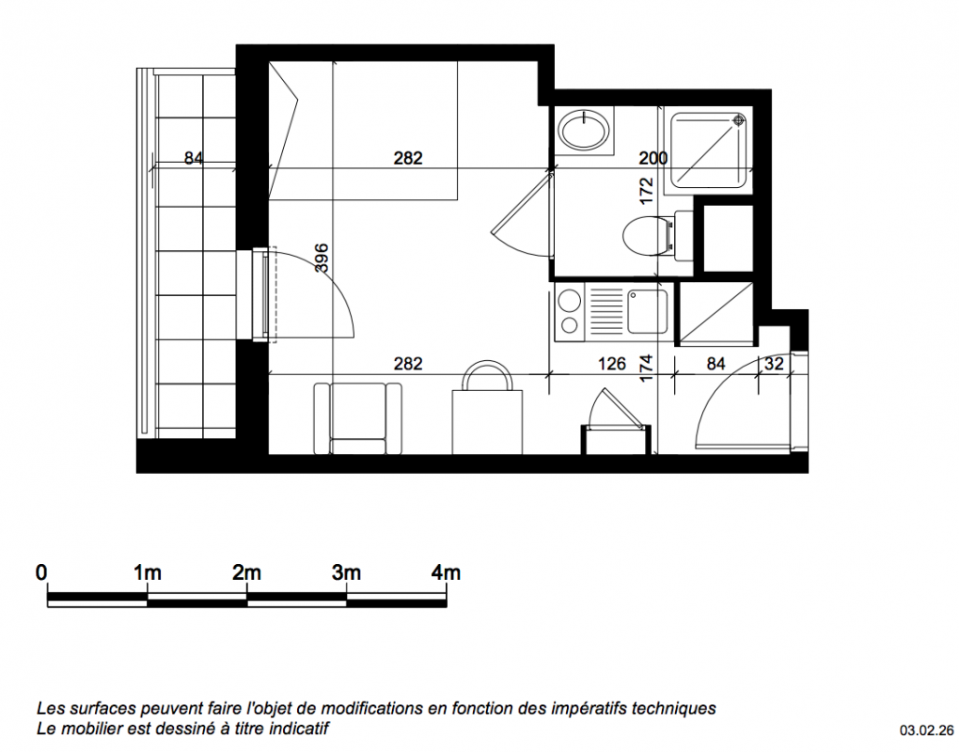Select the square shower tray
click(x=709, y=150)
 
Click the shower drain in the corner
click(x=739, y=119)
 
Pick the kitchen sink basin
click(x=647, y=311)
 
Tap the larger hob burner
click(x=570, y=300)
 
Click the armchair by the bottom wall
click(x=358, y=419)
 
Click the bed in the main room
click(x=363, y=131)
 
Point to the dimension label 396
click(x=322, y=258)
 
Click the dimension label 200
click(x=653, y=158)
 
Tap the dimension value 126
click(x=612, y=364)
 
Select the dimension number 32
click(x=774, y=364)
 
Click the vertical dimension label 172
click(x=646, y=191)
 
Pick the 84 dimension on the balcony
click(x=194, y=158)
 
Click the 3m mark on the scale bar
click(x=346, y=572)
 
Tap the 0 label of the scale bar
click(x=41, y=572)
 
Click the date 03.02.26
click(x=927, y=730)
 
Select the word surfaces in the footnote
click(x=101, y=709)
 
